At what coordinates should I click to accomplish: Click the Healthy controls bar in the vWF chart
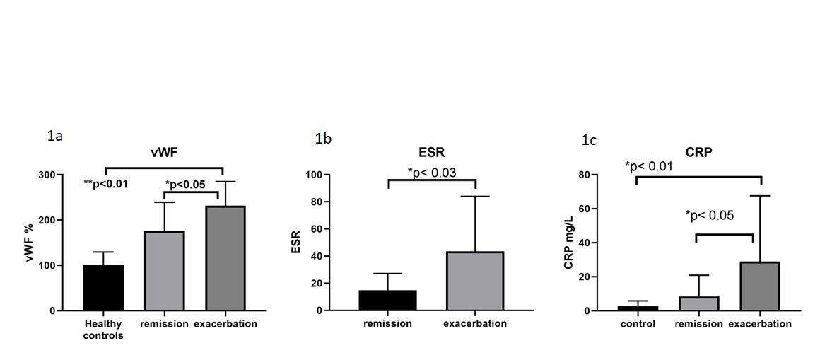[103, 288]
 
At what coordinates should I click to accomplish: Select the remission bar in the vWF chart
[165, 271]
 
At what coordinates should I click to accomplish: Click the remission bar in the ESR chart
[388, 300]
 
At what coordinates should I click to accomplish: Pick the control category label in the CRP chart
[639, 324]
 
